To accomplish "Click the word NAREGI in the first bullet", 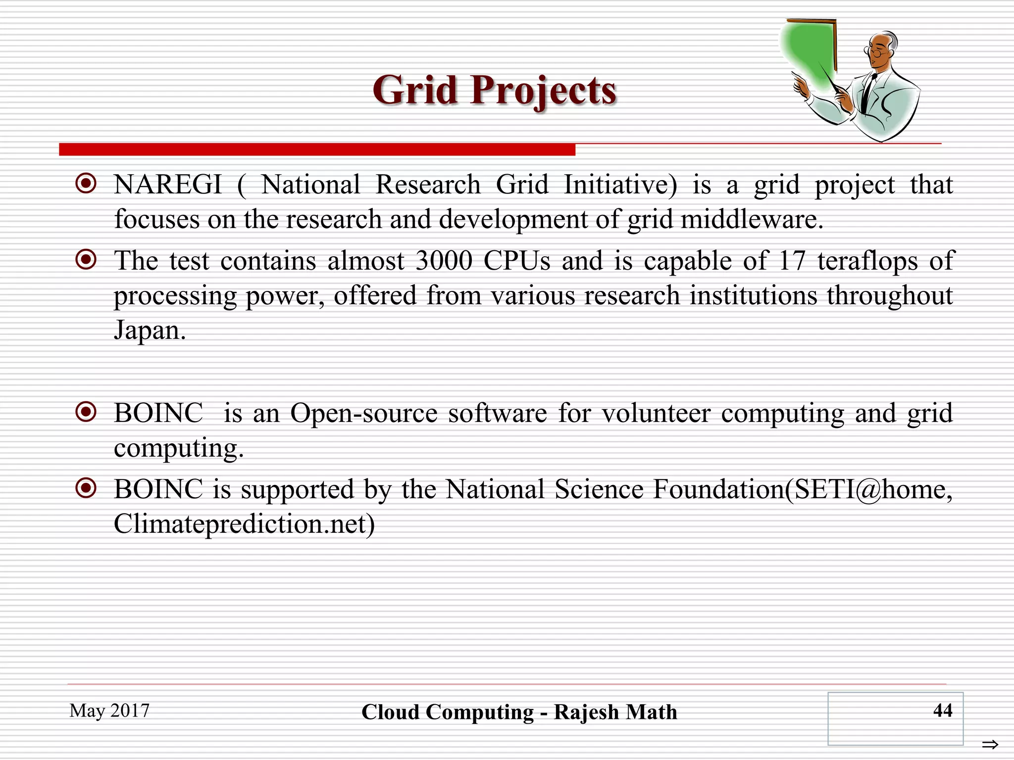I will (168, 185).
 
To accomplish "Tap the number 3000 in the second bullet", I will (444, 261).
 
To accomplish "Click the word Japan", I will (150, 330).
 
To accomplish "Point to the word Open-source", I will (364, 413).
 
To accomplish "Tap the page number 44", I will (942, 711).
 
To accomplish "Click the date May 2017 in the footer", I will (109, 711).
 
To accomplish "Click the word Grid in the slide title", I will (415, 90).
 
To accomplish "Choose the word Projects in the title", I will (543, 91).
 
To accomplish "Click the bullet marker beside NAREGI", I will (86, 184).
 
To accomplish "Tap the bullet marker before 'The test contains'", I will (86, 259).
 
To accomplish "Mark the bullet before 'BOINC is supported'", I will (86, 488).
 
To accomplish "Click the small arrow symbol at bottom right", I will (990, 744).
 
